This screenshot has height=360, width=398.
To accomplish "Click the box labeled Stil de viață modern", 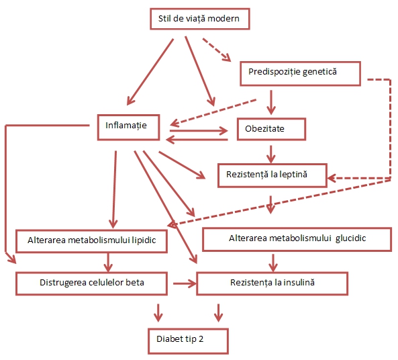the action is pyautogui.click(x=200, y=19).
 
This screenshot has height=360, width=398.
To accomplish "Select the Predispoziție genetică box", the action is pyautogui.click(x=300, y=73).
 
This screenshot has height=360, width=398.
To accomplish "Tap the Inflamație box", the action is pyautogui.click(x=128, y=128).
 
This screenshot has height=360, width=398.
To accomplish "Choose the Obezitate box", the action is pyautogui.click(x=271, y=129).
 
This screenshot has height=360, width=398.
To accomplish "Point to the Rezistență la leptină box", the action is pyautogui.click(x=272, y=175).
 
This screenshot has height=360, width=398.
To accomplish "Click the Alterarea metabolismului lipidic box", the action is pyautogui.click(x=91, y=241).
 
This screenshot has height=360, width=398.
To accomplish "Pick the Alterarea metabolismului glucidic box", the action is pyautogui.click(x=297, y=239).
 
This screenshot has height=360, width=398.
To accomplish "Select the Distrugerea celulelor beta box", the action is pyautogui.click(x=91, y=283).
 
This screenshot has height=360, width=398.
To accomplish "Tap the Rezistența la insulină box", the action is pyautogui.click(x=272, y=283).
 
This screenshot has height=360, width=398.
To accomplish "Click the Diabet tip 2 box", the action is pyautogui.click(x=188, y=341).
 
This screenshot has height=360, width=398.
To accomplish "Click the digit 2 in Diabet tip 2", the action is pyautogui.click(x=201, y=339).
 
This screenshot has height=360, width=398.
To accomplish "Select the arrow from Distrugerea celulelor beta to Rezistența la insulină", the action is pyautogui.click(x=185, y=283).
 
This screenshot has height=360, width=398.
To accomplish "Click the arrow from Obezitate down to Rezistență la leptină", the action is pyautogui.click(x=271, y=154).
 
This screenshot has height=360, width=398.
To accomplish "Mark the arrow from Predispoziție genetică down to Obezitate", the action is pyautogui.click(x=271, y=102).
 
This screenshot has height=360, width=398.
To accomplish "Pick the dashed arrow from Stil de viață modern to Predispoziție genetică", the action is pyautogui.click(x=217, y=50).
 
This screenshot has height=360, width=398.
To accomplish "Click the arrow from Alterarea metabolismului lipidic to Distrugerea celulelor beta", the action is pyautogui.click(x=108, y=262).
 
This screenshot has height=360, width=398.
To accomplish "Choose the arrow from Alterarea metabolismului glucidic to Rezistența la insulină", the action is pyautogui.click(x=273, y=263).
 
